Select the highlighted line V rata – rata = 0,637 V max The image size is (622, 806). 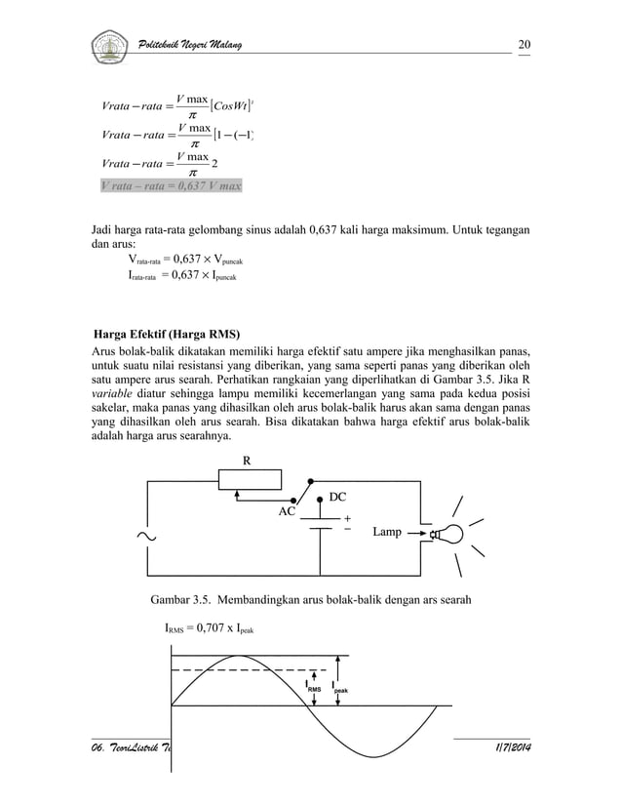pyautogui.click(x=171, y=184)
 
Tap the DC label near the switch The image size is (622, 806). pyautogui.click(x=336, y=497)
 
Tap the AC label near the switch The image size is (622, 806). pyautogui.click(x=289, y=510)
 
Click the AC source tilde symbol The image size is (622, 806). pyautogui.click(x=148, y=536)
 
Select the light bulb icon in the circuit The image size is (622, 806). pyautogui.click(x=449, y=534)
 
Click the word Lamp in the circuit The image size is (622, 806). pyautogui.click(x=387, y=534)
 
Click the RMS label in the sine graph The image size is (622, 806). pyautogui.click(x=314, y=689)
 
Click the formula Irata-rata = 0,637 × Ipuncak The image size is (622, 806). pyautogui.click(x=183, y=276)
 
